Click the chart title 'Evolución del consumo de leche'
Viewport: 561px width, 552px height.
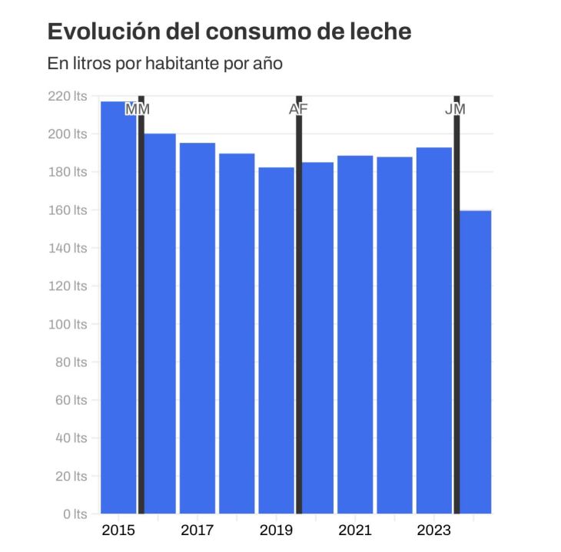point(229,31)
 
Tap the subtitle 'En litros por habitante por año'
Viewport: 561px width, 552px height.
point(165,64)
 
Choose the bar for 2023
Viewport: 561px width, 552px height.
point(433,330)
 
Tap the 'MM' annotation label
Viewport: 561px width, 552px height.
point(138,109)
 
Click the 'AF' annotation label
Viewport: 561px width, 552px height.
point(298,109)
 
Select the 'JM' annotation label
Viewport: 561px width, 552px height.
point(455,109)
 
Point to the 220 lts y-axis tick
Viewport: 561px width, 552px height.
point(68,97)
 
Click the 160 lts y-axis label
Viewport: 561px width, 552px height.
point(68,210)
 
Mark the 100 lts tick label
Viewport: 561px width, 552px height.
point(68,324)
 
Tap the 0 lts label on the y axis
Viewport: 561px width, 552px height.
point(75,514)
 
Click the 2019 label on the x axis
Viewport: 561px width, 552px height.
point(276,531)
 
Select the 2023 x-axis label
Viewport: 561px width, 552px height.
point(433,531)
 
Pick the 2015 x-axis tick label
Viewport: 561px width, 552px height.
point(118,531)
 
